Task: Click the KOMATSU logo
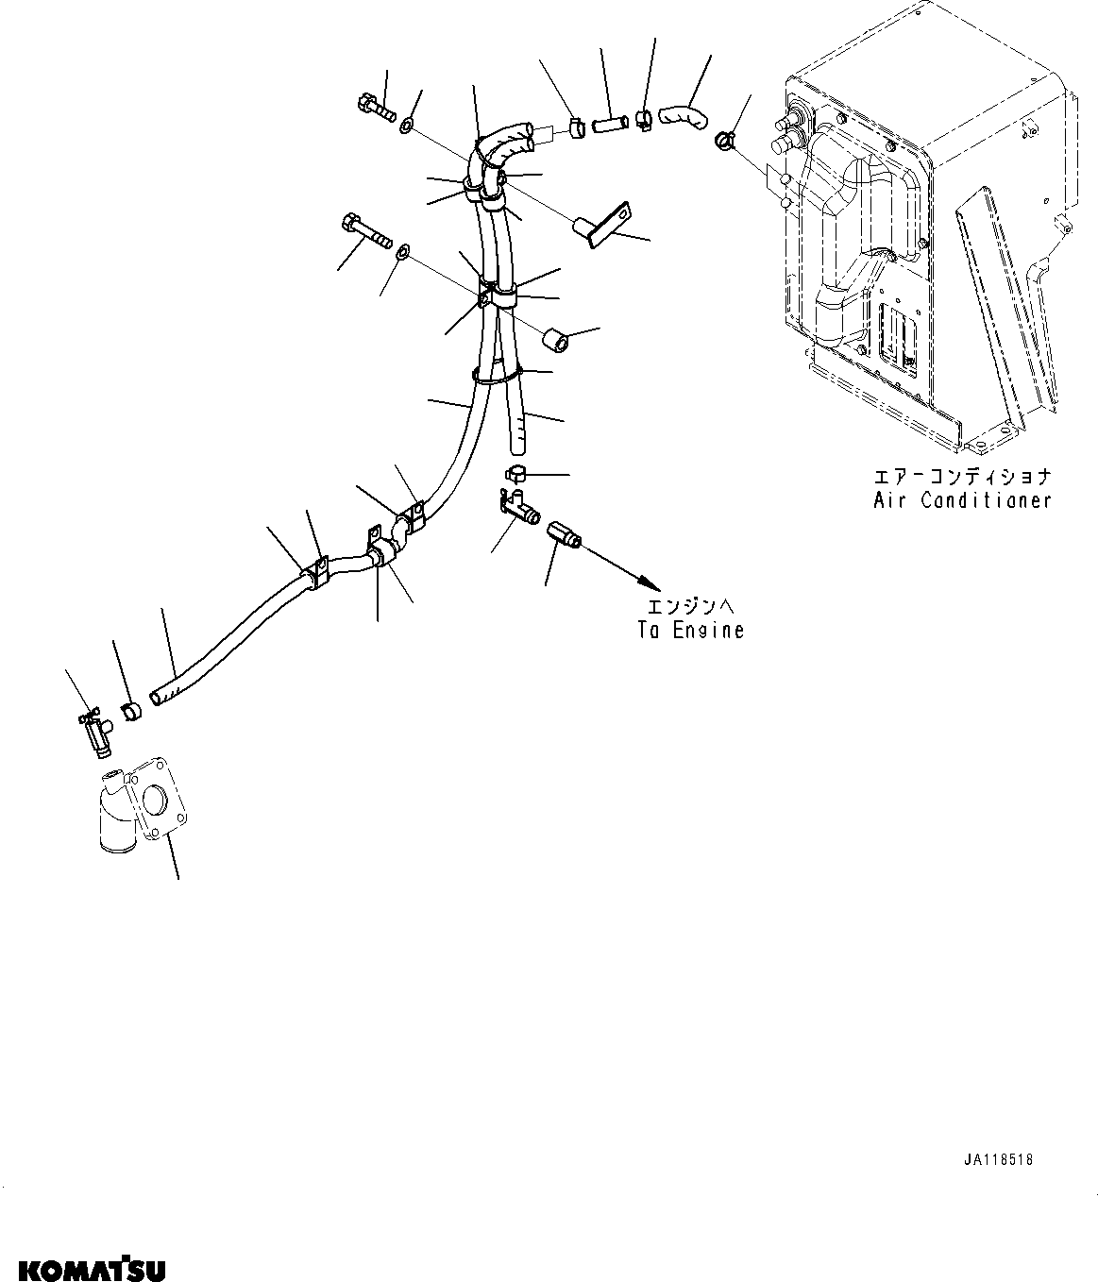point(91,1265)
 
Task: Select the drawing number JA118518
point(999,1160)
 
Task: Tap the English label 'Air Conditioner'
point(961,500)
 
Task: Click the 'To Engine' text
point(690,630)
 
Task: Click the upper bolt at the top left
point(377,110)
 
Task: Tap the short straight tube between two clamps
point(610,123)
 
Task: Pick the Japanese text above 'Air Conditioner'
point(961,477)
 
